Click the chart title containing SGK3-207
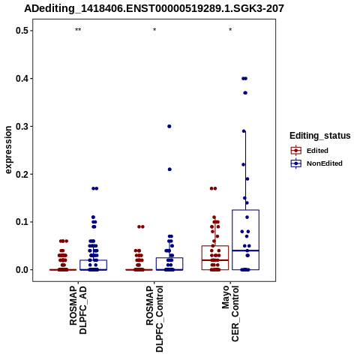(x=154, y=8)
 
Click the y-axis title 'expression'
(x=8, y=150)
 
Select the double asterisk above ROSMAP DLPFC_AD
(x=78, y=29)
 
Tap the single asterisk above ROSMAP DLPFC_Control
(x=154, y=29)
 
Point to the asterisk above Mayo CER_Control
(x=230, y=29)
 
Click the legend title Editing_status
(x=319, y=136)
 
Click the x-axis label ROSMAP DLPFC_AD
(x=78, y=310)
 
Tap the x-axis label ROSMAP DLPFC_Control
(x=154, y=319)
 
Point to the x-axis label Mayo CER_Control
(x=230, y=313)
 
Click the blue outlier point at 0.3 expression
(x=169, y=126)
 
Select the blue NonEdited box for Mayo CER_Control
(x=245, y=210)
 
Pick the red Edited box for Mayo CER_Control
(x=215, y=246)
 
